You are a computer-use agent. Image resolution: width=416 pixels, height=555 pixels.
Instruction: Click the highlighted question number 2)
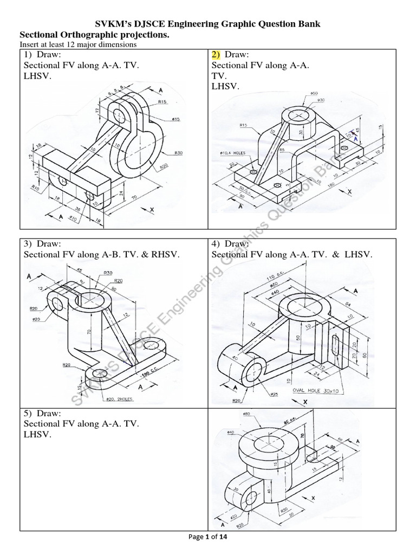(x=216, y=55)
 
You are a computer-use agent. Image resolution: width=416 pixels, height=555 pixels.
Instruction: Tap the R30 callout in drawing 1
(x=179, y=153)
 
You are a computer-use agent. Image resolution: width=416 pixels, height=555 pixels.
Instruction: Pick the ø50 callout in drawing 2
(x=314, y=94)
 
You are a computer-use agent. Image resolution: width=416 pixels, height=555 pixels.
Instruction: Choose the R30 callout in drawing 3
(x=107, y=273)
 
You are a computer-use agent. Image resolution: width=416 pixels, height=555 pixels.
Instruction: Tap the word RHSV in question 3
(x=165, y=255)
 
